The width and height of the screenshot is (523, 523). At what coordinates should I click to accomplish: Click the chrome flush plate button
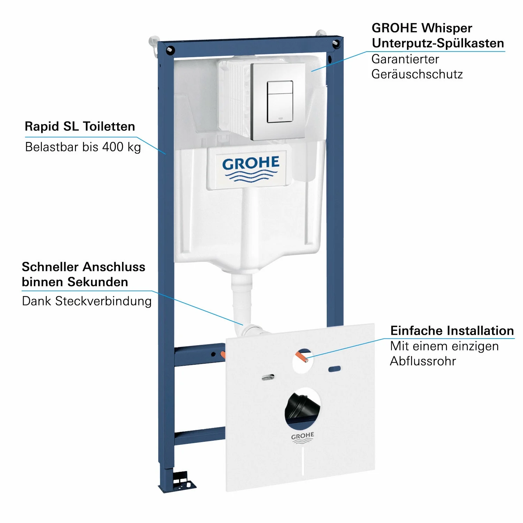280,102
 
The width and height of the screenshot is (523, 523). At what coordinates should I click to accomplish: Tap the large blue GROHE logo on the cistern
251,168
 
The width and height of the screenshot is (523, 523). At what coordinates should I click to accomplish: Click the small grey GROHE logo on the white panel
303,438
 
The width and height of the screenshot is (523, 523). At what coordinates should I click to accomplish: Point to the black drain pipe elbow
302,406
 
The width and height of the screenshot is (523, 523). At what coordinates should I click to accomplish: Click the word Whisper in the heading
446,28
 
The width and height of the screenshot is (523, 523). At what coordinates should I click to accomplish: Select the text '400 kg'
122,147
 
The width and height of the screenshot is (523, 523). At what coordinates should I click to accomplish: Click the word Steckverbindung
103,301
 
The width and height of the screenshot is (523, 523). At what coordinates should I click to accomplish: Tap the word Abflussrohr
423,361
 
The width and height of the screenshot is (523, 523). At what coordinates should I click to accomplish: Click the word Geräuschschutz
417,74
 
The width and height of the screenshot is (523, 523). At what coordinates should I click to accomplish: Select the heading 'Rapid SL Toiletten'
80,126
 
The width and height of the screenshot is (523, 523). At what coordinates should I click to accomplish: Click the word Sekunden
98,282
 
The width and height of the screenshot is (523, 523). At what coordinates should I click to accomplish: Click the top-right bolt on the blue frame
336,44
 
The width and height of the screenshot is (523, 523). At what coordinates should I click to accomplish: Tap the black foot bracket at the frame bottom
182,480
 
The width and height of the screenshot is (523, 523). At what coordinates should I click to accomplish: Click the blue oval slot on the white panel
335,369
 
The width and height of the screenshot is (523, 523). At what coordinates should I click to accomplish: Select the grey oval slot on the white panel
268,377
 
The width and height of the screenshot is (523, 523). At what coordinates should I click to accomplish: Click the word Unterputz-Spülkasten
438,43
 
